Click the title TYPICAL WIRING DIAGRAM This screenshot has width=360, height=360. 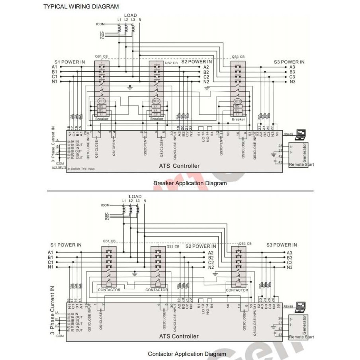click(81, 6)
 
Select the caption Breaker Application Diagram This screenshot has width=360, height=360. click(190, 183)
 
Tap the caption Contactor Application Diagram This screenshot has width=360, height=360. click(187, 354)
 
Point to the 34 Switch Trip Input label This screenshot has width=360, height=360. click(81, 169)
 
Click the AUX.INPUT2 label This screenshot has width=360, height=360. click(59, 167)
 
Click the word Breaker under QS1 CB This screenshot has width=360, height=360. click(101, 119)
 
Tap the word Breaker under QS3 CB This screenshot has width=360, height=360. click(238, 119)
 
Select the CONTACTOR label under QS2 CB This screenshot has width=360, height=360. click(157, 290)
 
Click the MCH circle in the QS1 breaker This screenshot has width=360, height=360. click(101, 101)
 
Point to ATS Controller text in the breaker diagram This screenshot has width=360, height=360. click(179, 166)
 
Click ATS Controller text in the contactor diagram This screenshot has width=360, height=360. click(179, 336)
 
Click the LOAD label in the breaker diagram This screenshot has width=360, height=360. click(130, 16)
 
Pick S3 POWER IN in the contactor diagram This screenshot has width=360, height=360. click(282, 245)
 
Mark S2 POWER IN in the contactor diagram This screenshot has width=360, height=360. click(201, 246)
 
